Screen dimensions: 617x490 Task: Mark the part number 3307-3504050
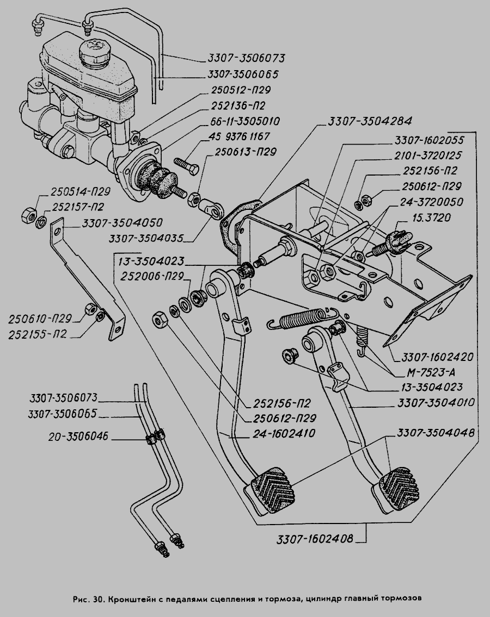pyautogui.click(x=116, y=223)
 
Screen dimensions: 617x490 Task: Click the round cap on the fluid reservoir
pyautogui.click(x=96, y=51)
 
